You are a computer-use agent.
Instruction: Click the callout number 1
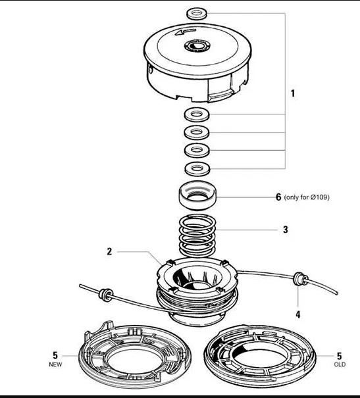click(x=293, y=93)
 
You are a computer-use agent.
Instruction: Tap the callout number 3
click(x=285, y=230)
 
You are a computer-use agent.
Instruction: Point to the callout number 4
click(x=297, y=314)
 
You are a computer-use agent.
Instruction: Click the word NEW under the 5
click(x=56, y=363)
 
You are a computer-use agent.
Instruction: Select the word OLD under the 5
click(x=340, y=363)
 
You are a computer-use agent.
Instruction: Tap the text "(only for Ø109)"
click(x=307, y=197)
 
